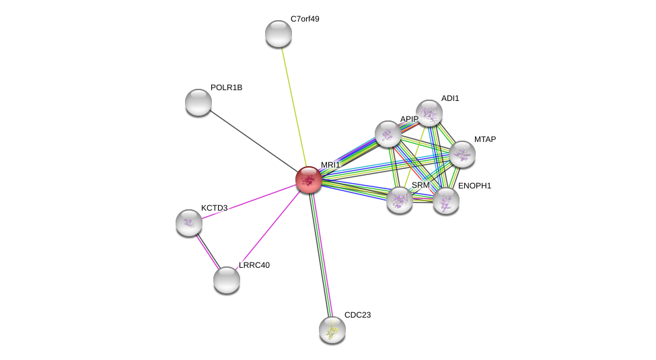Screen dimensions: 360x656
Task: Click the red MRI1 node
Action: click(x=308, y=180)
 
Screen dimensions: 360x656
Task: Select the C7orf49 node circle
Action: click(x=279, y=34)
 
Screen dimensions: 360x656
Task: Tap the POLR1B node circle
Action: click(x=198, y=102)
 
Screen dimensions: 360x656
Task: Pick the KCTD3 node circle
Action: click(x=189, y=223)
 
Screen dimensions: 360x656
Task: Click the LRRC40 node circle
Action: click(x=227, y=280)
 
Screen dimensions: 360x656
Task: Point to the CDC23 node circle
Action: click(x=332, y=330)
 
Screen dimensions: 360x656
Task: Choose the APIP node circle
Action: click(x=388, y=134)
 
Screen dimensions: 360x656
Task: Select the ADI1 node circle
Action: click(x=429, y=113)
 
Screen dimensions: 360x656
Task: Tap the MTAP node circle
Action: click(x=462, y=154)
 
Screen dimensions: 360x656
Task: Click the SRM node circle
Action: click(x=400, y=200)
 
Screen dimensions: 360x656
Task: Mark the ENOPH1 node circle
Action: click(x=446, y=201)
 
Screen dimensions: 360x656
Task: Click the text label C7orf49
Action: click(x=305, y=19)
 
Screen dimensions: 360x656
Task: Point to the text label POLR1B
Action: click(x=226, y=87)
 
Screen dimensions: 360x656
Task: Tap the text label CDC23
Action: click(x=357, y=315)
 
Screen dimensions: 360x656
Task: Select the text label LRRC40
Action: click(x=254, y=265)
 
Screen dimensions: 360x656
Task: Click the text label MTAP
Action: click(x=484, y=139)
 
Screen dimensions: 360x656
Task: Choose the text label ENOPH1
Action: click(x=474, y=186)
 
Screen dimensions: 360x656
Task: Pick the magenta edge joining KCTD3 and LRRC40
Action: click(x=207, y=251)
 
